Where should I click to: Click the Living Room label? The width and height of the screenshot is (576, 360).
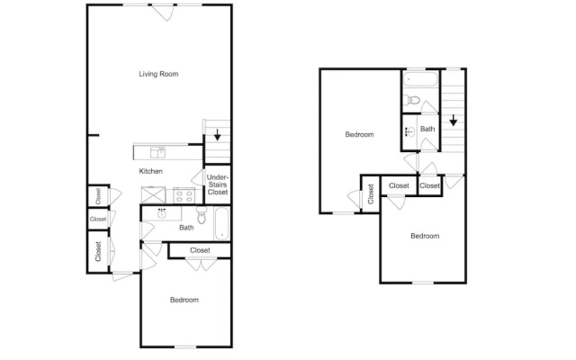click(158, 74)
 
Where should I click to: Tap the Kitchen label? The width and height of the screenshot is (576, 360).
click(150, 171)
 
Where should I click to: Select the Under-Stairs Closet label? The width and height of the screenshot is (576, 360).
click(218, 184)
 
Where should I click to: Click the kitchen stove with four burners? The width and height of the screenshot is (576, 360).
click(184, 195)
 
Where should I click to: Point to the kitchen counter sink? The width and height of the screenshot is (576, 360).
click(158, 152)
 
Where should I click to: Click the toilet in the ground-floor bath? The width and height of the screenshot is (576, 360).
click(202, 216)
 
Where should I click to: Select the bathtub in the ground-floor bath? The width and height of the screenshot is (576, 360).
click(222, 224)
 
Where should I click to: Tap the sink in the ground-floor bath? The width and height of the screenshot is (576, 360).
click(162, 213)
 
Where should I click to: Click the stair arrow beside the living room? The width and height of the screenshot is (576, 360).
click(218, 135)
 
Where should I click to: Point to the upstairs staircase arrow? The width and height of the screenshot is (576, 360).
click(454, 120)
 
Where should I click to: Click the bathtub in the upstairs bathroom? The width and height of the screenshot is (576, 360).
click(420, 79)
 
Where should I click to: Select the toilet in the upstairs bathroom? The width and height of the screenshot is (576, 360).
click(412, 100)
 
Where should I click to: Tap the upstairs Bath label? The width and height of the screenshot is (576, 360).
click(427, 129)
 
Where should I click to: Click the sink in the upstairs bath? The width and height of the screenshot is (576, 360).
click(410, 131)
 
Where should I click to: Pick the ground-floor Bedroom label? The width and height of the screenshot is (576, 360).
click(184, 300)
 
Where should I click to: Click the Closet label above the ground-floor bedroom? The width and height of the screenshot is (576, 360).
click(200, 250)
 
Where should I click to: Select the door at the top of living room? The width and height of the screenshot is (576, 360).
click(164, 12)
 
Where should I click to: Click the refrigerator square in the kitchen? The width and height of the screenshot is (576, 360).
click(154, 195)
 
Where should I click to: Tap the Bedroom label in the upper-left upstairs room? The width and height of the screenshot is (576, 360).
click(360, 134)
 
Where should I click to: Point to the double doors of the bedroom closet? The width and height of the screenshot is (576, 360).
click(202, 265)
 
